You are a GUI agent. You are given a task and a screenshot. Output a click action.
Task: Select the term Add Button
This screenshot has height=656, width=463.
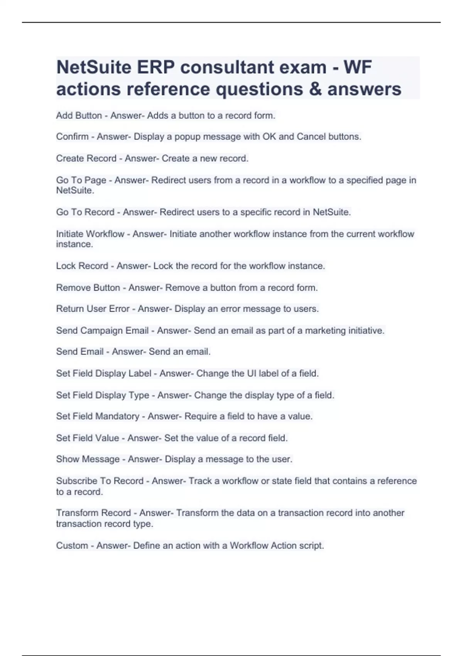coord(79,115)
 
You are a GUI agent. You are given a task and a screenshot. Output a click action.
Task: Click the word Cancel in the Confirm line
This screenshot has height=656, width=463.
coord(311,137)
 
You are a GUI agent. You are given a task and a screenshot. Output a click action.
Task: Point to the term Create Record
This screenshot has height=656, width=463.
coord(86,158)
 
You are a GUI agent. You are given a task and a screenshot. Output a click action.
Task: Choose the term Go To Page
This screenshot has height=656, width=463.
coord(81,180)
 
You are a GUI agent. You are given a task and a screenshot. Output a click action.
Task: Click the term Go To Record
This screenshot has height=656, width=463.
coord(85,212)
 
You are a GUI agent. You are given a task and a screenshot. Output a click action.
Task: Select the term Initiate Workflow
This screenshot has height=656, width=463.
coord(90,234)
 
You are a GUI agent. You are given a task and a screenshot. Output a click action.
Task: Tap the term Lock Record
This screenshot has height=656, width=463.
coord(82,266)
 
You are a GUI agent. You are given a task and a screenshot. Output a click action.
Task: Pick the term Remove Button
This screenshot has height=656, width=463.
coord(88,287)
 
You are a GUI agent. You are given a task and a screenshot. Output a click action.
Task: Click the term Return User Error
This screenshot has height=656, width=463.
coord(93,309)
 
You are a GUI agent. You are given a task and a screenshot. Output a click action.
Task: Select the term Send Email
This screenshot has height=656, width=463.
coord(79,352)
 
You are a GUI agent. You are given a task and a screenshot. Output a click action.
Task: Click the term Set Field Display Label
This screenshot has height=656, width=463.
coord(104,374)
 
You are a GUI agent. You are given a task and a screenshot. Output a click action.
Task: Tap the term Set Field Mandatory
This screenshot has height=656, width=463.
coord(98,416)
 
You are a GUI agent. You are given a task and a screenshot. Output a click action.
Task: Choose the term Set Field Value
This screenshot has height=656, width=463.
coord(87,438)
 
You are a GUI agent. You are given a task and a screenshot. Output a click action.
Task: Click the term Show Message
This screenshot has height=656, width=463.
coord(88,459)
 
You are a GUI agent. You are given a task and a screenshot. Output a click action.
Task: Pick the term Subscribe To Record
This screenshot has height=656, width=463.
coord(100,481)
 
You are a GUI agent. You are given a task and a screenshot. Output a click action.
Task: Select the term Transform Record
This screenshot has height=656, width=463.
coord(93,513)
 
